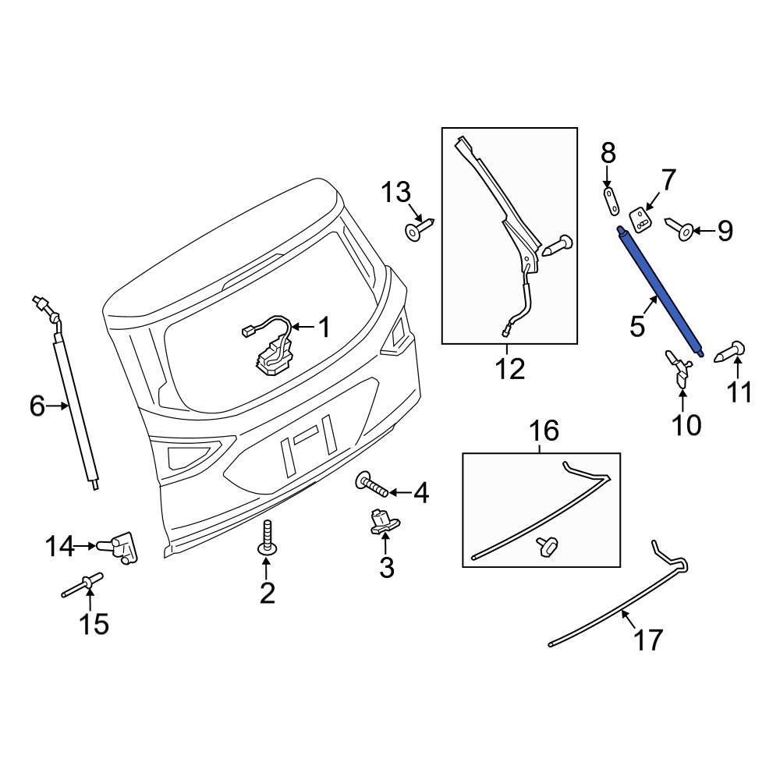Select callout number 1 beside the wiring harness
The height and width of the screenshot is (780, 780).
pos(322,328)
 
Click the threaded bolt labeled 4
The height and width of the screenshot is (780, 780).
pos(374,487)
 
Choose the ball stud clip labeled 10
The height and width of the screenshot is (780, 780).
pos(679,368)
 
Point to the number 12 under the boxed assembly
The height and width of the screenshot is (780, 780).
pos(510,368)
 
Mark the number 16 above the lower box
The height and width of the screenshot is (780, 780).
pos(544,431)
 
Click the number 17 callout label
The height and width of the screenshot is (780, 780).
pos(647,640)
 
